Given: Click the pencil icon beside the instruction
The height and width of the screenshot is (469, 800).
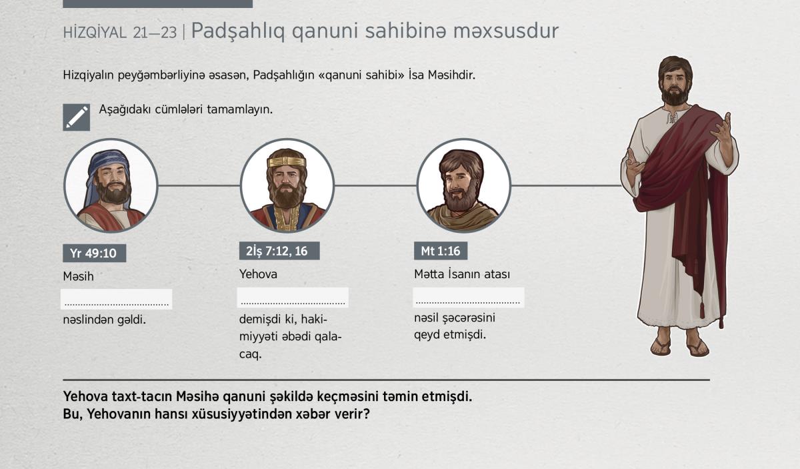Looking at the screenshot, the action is (x=77, y=117).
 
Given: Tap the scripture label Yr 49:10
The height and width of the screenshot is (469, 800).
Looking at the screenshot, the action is (x=94, y=253).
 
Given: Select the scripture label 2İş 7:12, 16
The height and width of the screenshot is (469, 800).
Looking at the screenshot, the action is (x=279, y=251).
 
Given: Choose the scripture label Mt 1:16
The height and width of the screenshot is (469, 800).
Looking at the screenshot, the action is (x=441, y=251).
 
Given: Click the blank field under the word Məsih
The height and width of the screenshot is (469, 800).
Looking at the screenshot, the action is (x=117, y=299).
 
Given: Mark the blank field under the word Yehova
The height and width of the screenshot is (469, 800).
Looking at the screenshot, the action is (x=293, y=298).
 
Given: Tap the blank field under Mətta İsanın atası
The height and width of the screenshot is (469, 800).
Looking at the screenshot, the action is (x=469, y=298).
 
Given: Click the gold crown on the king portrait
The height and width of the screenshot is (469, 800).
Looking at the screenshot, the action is (x=287, y=162).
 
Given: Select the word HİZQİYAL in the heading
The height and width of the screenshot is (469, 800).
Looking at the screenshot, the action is (x=95, y=33).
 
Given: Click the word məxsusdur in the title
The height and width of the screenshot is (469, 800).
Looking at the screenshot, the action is (x=506, y=31).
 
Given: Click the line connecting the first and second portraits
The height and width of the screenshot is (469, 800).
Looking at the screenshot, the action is (x=199, y=185).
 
